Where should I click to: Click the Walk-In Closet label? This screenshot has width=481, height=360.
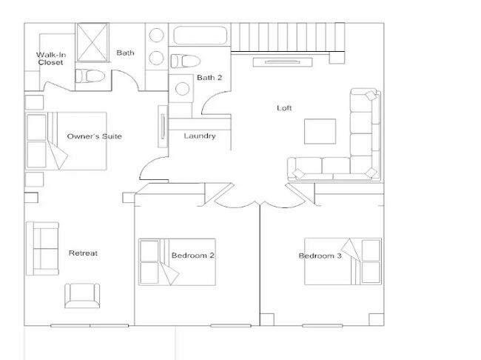tap(50, 59)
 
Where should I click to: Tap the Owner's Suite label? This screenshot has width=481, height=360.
tap(94, 137)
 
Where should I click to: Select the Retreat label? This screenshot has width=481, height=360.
tap(83, 253)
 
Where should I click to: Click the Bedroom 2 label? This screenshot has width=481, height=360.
tap(193, 256)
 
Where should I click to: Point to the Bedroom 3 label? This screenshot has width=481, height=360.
tap(320, 256)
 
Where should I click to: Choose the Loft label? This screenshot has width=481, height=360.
tap(284, 108)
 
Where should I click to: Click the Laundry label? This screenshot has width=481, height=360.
tap(199, 136)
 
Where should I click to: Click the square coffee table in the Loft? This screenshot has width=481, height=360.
tap(319, 132)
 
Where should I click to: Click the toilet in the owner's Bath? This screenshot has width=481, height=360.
tap(92, 75)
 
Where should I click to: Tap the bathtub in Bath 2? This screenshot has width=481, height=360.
tap(200, 35)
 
